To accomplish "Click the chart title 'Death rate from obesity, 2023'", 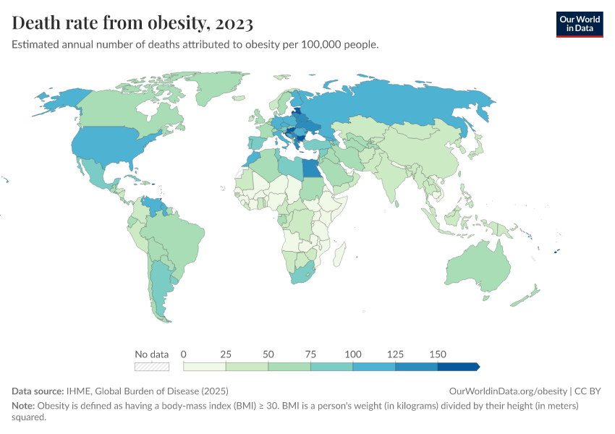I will click(132, 23).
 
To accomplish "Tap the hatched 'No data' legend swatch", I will click(152, 367).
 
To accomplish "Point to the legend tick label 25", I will click(226, 354).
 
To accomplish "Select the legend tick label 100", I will click(353, 354).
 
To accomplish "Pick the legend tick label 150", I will click(438, 354).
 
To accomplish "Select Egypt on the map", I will click(311, 168).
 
